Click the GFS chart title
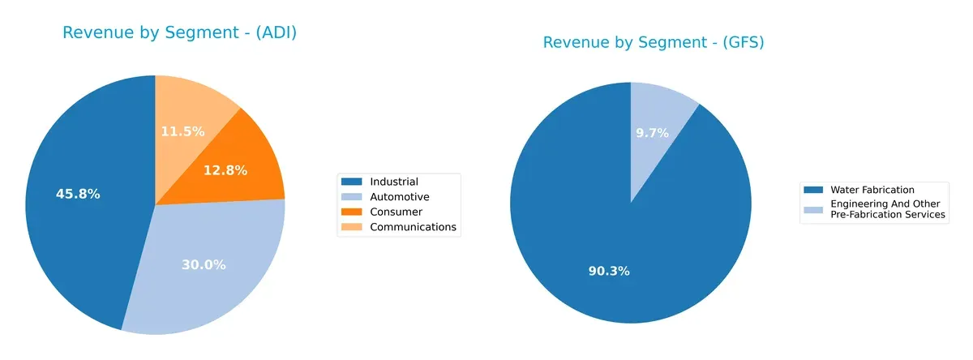[x=653, y=42]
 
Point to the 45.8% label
[x=78, y=194]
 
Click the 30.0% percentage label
[x=204, y=264]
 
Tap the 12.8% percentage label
[x=225, y=170]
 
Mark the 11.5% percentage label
[x=182, y=131]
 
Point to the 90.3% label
[x=609, y=271]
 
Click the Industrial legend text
[x=394, y=182]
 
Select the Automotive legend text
[x=400, y=197]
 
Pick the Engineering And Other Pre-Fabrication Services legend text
[x=888, y=209]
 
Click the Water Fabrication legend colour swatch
[x=813, y=190]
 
